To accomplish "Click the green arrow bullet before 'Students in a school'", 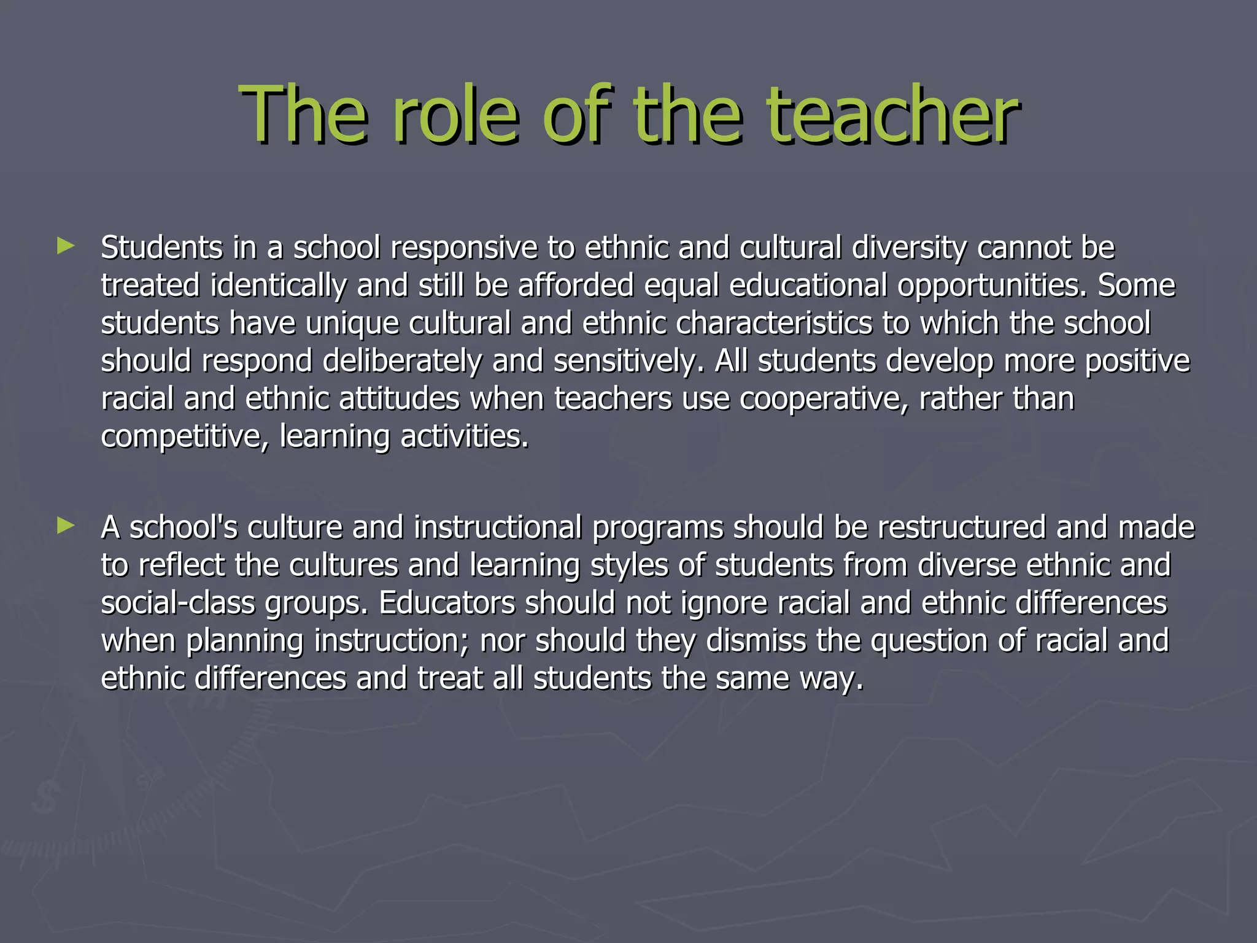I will tap(65, 247).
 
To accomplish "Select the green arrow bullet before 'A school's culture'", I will tap(65, 526).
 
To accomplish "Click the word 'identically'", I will tap(278, 286).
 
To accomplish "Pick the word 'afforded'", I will tap(576, 286).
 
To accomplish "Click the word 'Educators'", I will tap(447, 603).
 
